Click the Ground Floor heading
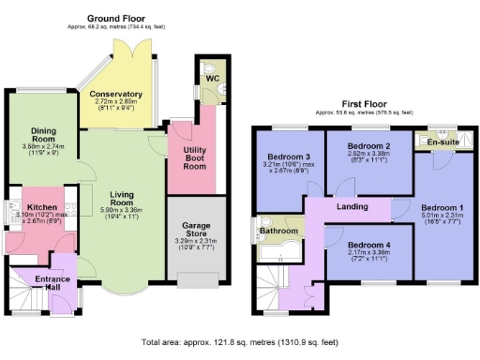[116, 18]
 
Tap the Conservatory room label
[115, 95]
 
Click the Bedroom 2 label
[367, 146]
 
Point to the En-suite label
[439, 143]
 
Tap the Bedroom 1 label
[440, 206]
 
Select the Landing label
[352, 207]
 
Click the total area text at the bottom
[239, 343]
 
